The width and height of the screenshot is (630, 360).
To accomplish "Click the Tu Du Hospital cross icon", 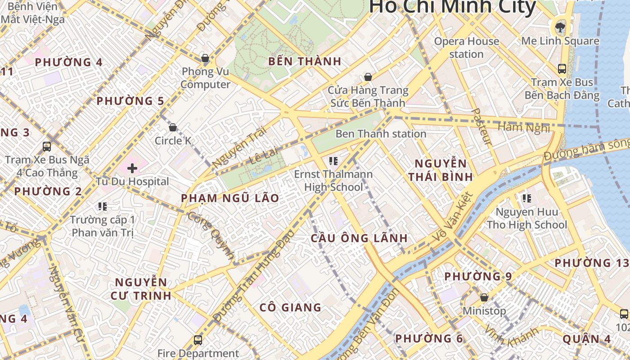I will point(132,169).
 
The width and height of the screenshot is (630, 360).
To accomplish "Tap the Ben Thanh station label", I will point(381,134).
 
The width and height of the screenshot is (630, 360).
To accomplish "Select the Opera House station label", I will point(466,48).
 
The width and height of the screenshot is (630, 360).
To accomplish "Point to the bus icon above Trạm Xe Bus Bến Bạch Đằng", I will point(562,69).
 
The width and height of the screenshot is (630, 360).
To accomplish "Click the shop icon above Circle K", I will point(172,127).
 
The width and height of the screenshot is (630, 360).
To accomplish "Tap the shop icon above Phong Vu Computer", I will point(205,58).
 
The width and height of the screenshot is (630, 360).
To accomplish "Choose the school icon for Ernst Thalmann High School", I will point(333,161).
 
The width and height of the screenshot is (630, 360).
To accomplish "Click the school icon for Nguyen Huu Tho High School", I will point(527,198).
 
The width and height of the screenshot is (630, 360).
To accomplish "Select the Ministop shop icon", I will point(484,297).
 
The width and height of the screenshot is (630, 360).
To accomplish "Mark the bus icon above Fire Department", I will point(198,340).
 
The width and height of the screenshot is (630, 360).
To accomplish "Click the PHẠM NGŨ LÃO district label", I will point(230,198).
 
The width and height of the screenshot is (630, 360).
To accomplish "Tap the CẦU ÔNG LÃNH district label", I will point(359,238).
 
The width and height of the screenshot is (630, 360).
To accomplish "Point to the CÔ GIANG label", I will point(291,308).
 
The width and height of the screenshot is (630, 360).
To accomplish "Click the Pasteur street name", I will point(481,126).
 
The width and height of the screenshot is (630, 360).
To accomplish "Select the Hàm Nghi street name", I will point(524,128).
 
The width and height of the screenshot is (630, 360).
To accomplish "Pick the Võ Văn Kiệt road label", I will point(453,216).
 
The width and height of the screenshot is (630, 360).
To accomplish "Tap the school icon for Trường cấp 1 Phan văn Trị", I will point(103,207).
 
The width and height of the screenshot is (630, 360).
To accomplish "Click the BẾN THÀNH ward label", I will point(305,62).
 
